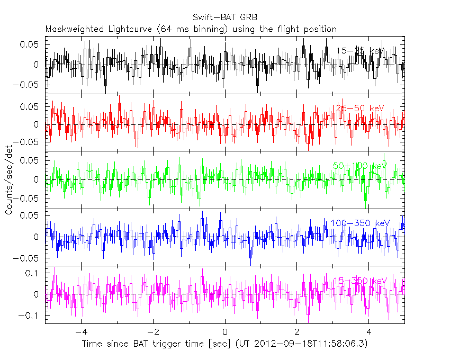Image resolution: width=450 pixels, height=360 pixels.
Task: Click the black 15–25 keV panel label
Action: click(361, 51)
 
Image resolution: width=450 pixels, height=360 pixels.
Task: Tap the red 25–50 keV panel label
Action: click(361, 108)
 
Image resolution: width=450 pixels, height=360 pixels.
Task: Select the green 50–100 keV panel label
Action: click(361, 166)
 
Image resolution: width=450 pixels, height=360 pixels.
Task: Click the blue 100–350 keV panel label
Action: click(361, 223)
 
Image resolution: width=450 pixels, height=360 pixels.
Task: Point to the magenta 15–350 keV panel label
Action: click(361, 280)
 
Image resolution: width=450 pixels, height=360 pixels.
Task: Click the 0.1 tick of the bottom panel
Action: click(34, 273)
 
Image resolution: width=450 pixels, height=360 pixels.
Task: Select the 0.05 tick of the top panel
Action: click(30, 44)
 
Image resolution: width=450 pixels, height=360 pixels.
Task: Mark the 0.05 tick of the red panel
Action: click(30, 106)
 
